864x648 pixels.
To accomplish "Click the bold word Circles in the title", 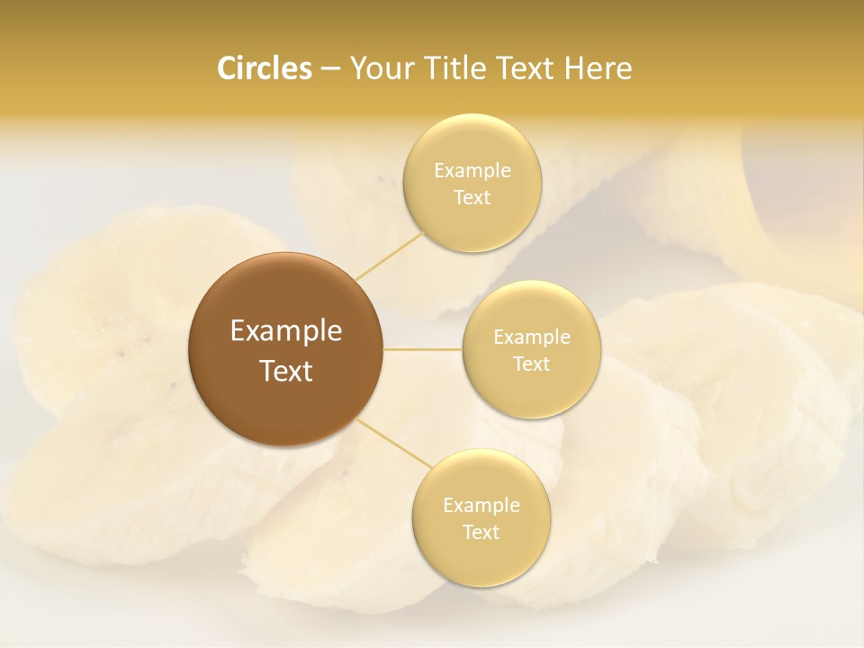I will pyautogui.click(x=264, y=68).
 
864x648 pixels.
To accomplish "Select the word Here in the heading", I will pyautogui.click(x=598, y=68).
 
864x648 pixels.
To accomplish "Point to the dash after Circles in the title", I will pyautogui.click(x=330, y=69).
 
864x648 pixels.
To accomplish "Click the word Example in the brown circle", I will pyautogui.click(x=285, y=331).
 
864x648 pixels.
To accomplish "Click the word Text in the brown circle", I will pyautogui.click(x=285, y=371).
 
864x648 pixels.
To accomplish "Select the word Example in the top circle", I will pyautogui.click(x=472, y=171).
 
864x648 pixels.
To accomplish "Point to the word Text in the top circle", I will pyautogui.click(x=472, y=198).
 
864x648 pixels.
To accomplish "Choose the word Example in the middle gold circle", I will pyautogui.click(x=531, y=337).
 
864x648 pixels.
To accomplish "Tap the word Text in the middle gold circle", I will pyautogui.click(x=531, y=364).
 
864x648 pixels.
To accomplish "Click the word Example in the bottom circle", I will pyautogui.click(x=481, y=506).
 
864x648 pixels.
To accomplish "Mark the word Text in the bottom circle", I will pyautogui.click(x=481, y=533).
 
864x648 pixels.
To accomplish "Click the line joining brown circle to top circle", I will pyautogui.click(x=390, y=256).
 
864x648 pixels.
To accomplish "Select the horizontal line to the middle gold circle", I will pyautogui.click(x=422, y=349).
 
